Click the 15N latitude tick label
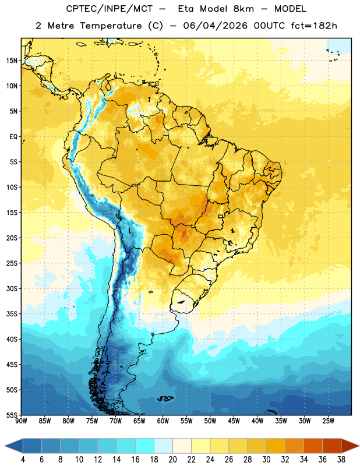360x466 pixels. point(12,61)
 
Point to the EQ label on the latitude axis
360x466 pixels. point(13,137)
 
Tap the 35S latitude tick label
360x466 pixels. point(12,314)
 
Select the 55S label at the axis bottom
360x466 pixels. point(12,415)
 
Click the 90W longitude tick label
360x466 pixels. point(21,421)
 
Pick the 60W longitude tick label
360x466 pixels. point(163,421)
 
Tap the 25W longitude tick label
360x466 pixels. point(328,421)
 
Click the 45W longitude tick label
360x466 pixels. point(234,421)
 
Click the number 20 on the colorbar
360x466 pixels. point(172,460)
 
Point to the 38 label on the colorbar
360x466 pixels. point(341,460)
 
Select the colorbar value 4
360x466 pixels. point(23,460)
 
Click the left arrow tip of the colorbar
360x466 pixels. point(5,446)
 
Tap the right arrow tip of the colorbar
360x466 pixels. point(359,446)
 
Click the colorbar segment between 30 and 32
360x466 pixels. point(276,446)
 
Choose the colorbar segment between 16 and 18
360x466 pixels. point(144,446)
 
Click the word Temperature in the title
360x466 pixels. point(111,26)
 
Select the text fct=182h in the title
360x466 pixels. point(314,26)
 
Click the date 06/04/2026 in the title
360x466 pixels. point(215,26)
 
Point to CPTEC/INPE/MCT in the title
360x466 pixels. point(110,9)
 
